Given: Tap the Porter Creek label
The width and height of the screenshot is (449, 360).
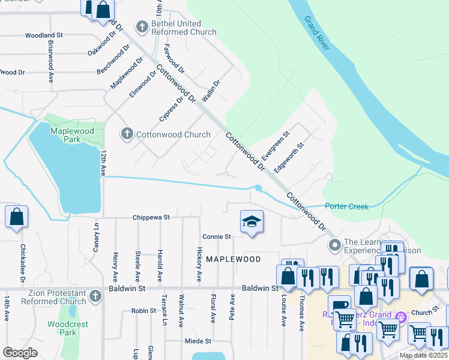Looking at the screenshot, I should click(x=346, y=206).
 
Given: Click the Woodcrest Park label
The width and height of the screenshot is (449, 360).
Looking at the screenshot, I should click(x=62, y=328).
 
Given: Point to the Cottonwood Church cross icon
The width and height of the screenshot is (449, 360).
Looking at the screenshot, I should click(x=127, y=134).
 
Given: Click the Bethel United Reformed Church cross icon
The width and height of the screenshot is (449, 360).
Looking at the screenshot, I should click(x=142, y=26).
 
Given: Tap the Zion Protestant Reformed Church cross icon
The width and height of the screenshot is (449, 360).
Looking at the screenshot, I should click(x=95, y=296).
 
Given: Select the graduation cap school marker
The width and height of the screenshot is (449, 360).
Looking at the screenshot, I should click(x=252, y=221).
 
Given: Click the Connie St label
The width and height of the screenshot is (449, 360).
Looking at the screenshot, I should click(x=216, y=237).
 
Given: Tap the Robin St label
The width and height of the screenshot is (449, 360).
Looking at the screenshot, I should click(x=143, y=311).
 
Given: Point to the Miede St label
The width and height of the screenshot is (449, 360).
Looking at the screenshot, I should click(x=198, y=341).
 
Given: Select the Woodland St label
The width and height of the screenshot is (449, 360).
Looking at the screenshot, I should click(x=44, y=36).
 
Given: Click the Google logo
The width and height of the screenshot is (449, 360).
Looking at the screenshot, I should click(x=20, y=353).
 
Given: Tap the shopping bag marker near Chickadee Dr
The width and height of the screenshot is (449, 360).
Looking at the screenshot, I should click(x=16, y=217).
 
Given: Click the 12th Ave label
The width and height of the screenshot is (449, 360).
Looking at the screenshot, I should click(x=103, y=163).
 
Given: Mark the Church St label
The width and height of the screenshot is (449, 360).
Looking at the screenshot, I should click(x=421, y=313).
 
